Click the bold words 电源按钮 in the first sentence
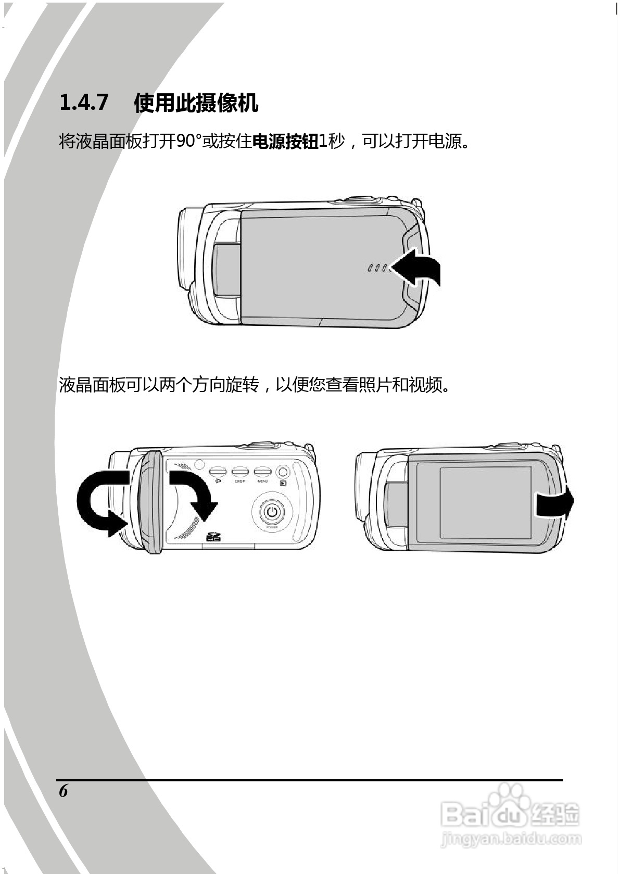[285, 141]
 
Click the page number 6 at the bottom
[64, 791]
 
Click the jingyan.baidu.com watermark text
[510, 839]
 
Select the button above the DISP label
[239, 472]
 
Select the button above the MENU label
[262, 472]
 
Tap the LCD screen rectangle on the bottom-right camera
[485, 502]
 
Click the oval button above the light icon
[217, 472]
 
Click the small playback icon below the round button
[283, 483]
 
